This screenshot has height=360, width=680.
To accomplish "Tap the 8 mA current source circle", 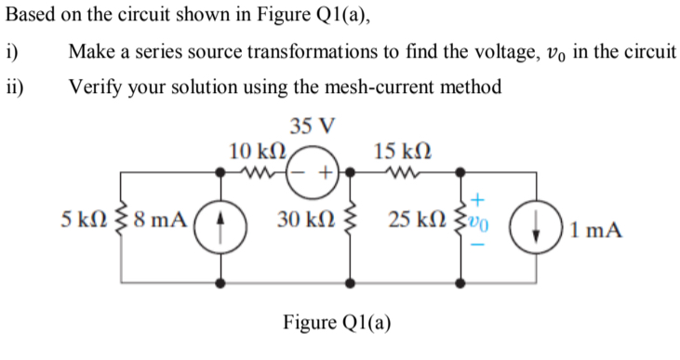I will pos(220,223).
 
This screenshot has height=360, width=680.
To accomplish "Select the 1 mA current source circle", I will pos(540,227).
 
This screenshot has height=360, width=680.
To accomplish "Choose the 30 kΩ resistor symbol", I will pos(352,225).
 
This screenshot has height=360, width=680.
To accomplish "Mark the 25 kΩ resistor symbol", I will pos(460,223).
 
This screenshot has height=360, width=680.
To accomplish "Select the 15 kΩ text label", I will pos(401,149).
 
